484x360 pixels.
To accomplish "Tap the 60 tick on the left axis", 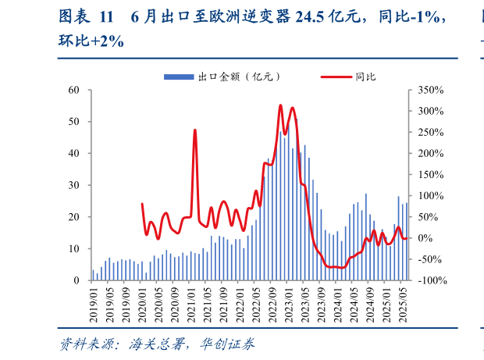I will (74, 90).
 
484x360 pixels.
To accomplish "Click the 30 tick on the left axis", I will (74, 185).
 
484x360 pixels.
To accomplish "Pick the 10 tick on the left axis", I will (74, 248).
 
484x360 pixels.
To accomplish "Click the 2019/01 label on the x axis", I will (93, 301).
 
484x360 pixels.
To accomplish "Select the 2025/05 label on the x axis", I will (403, 301).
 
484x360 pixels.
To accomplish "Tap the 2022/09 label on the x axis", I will (272, 301).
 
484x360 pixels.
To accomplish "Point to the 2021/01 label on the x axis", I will (190, 301).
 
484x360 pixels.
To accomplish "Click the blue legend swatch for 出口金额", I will (179, 77).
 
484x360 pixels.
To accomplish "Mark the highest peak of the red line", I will (280, 105).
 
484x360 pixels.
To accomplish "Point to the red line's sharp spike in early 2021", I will (194, 130).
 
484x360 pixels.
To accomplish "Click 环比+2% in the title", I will (91, 41).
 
